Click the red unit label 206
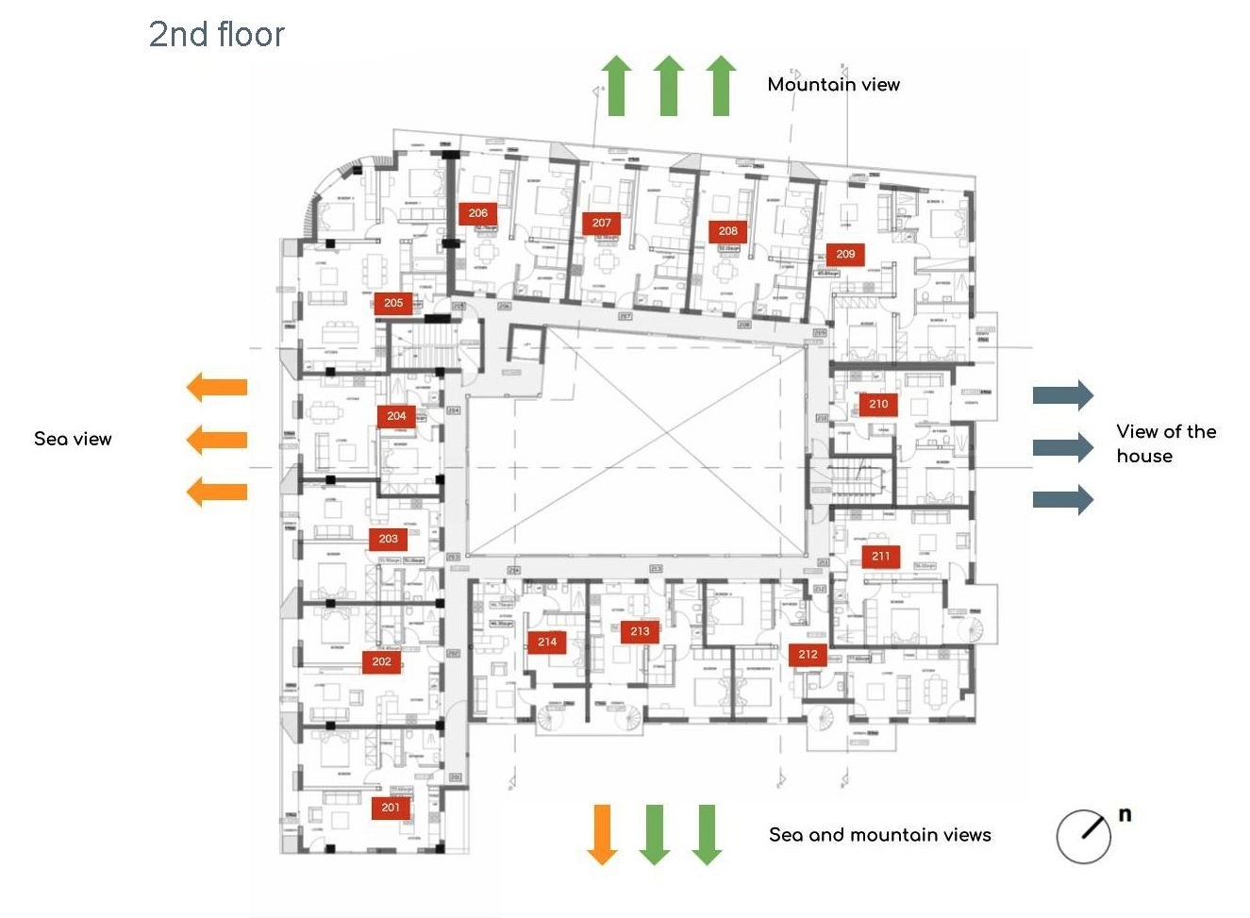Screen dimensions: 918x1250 [477, 213]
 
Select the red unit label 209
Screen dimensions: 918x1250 [845, 254]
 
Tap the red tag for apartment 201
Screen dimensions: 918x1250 [391, 808]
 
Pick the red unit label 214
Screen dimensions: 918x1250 [547, 642]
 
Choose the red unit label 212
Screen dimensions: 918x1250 [808, 654]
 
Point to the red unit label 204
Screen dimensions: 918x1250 [396, 416]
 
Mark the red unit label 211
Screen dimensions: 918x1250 [880, 557]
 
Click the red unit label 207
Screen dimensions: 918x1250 [602, 224]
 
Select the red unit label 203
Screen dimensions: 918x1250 [389, 539]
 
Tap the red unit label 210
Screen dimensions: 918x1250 [878, 404]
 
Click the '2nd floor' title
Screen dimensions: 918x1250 [217, 35]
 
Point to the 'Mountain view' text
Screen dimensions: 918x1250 [833, 85]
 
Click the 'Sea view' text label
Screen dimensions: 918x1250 [73, 439]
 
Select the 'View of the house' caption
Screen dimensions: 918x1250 [1166, 443]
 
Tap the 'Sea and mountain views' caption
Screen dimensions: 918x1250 [879, 835]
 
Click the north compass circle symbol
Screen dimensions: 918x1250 [1083, 836]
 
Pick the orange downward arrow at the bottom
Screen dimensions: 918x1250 [602, 834]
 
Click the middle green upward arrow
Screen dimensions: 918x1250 [668, 86]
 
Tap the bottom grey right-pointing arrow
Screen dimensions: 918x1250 [1063, 499]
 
